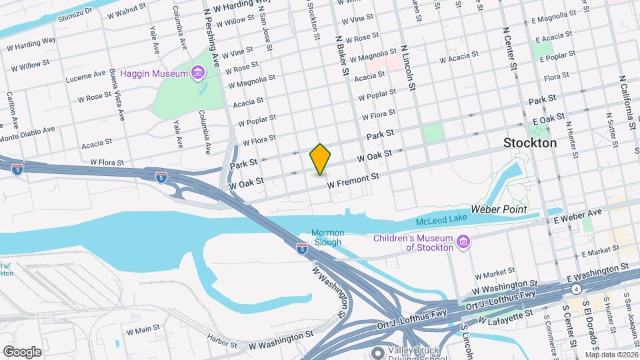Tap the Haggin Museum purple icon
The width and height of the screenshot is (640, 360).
[197, 72]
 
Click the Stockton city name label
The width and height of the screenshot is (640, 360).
[530, 143]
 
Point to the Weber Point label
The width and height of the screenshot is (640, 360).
[499, 209]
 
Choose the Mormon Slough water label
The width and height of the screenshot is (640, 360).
[327, 237]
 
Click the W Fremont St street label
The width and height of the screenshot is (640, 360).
[353, 180]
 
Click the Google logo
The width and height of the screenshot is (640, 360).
[22, 351]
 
